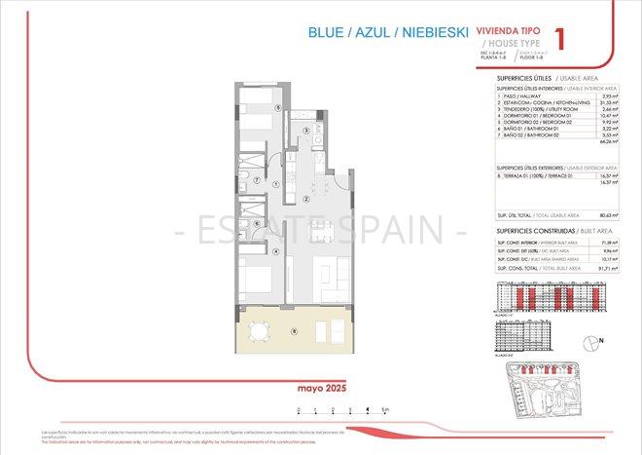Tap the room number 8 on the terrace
click(294, 330)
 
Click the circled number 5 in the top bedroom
click(278, 108)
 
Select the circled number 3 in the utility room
click(305, 131)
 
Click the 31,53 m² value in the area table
click(609, 103)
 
